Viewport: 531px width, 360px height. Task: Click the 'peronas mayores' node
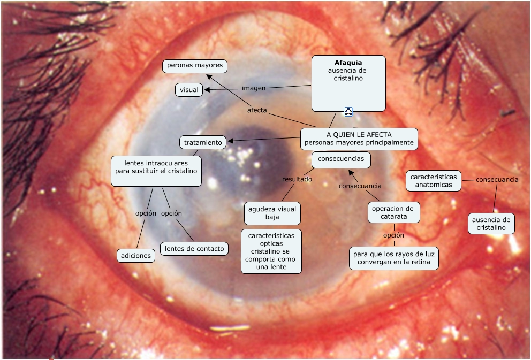click(x=195, y=66)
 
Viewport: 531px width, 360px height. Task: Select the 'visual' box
click(x=189, y=90)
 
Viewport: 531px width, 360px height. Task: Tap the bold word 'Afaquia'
click(x=348, y=63)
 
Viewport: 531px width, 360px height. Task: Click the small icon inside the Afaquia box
click(x=348, y=111)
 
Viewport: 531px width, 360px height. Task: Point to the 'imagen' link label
click(x=254, y=87)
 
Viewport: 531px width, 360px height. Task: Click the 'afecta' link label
click(x=257, y=111)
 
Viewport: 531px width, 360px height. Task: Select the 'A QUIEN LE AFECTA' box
click(x=359, y=139)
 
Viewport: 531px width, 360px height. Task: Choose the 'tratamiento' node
click(x=203, y=142)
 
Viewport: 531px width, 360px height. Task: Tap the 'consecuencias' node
click(x=341, y=159)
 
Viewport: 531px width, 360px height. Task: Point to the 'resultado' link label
click(x=297, y=179)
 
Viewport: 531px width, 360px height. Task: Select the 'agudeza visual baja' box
click(x=272, y=213)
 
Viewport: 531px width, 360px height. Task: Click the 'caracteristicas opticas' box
click(x=271, y=251)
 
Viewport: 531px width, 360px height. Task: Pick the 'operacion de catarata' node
click(x=394, y=212)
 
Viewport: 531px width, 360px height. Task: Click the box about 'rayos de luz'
click(x=394, y=258)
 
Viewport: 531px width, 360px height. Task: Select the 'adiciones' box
click(x=136, y=256)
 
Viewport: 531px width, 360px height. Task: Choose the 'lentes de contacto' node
click(x=194, y=248)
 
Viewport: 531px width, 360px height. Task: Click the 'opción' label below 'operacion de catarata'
click(x=393, y=235)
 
